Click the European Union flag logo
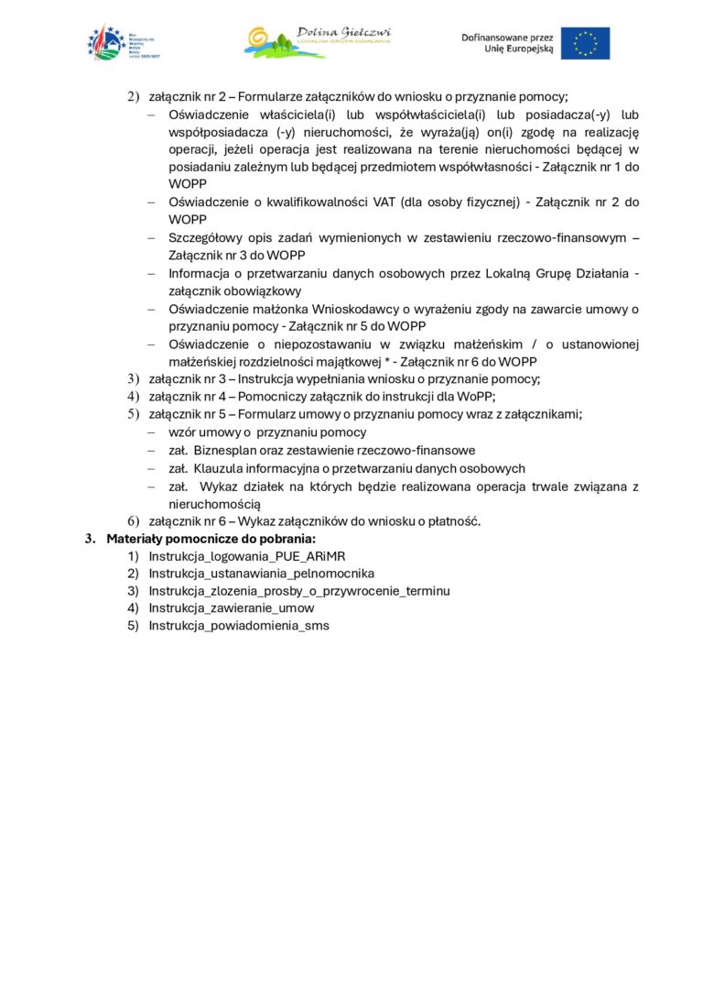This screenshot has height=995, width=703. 585,43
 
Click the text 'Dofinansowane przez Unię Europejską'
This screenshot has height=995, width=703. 508,42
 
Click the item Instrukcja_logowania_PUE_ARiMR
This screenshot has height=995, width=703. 247,556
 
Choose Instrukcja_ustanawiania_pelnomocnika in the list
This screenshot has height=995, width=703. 262,574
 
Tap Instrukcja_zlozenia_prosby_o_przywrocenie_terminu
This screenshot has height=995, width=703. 299,591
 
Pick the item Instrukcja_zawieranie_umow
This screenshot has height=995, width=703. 232,608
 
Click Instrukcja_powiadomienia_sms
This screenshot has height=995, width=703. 239,626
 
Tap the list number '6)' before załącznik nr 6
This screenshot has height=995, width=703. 133,521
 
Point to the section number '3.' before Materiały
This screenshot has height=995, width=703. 91,539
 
